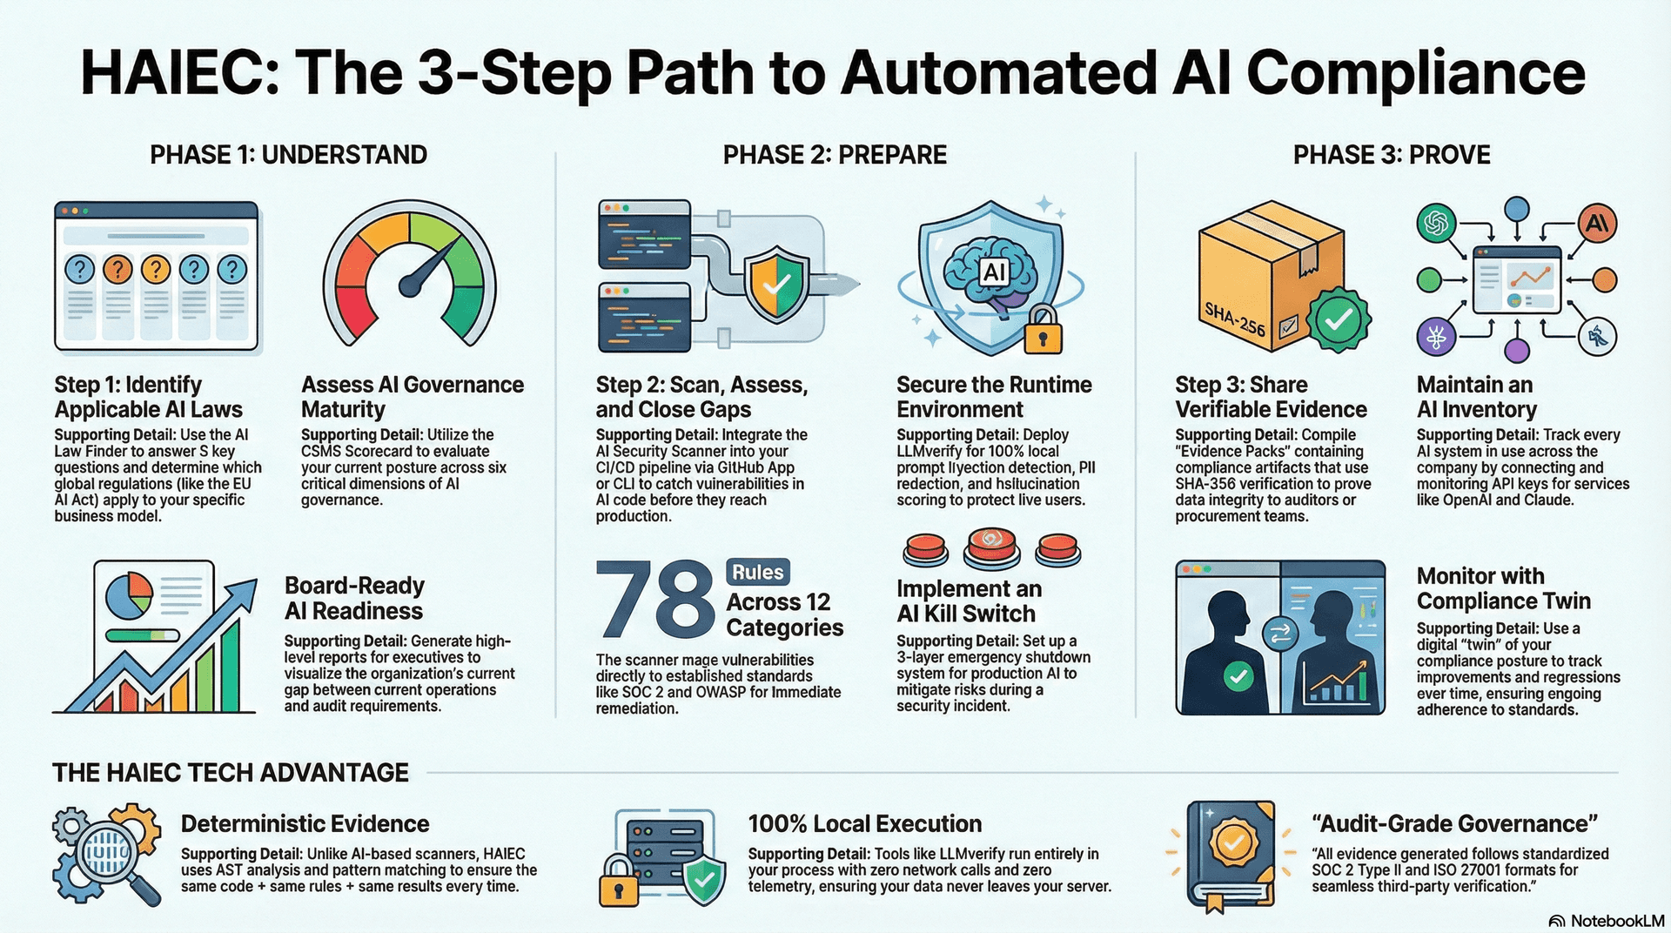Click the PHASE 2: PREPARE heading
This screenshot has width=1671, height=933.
click(835, 155)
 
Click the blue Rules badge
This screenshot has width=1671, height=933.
click(757, 572)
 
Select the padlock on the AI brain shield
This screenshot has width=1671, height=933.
click(1043, 330)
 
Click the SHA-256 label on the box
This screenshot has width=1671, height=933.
click(1234, 319)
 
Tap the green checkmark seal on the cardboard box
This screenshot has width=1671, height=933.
click(1339, 320)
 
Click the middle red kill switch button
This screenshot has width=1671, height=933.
click(991, 546)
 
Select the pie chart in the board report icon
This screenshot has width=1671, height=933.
click(129, 594)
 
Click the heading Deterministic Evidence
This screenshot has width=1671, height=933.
click(305, 823)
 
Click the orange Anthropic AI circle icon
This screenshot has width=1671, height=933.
click(1597, 224)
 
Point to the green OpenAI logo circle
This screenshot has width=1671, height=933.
click(1437, 224)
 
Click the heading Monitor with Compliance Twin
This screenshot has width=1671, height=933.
click(1503, 588)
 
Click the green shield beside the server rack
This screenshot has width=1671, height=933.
click(703, 880)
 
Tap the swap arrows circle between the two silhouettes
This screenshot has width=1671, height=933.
click(1279, 634)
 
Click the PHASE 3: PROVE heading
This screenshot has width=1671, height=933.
click(1391, 155)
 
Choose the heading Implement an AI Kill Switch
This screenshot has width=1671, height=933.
click(968, 601)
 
